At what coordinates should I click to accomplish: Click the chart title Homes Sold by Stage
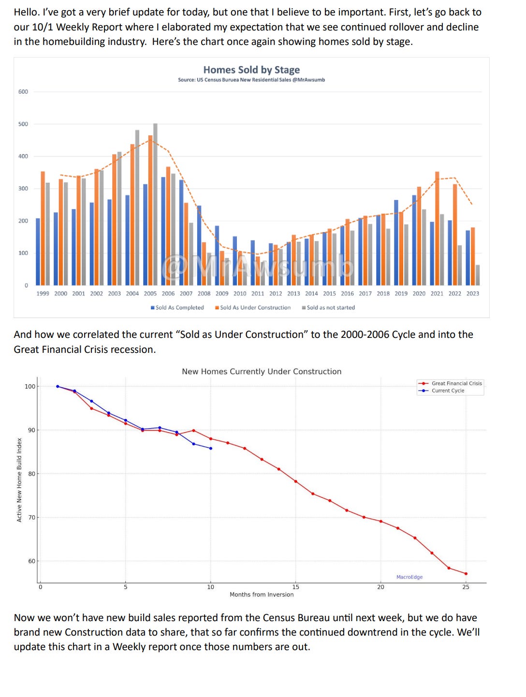[x=251, y=70]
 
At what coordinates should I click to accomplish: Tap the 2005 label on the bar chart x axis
[x=150, y=293]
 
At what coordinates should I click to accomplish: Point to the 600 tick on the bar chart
[x=23, y=92]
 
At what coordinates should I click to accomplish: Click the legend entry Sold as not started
[x=328, y=307]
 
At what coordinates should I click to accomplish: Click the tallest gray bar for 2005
[x=155, y=203]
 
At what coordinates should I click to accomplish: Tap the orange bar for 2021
[x=437, y=227]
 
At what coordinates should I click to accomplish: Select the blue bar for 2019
[x=396, y=242]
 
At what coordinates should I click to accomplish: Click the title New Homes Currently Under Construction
[x=262, y=372]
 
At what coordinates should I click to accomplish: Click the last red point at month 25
[x=466, y=574]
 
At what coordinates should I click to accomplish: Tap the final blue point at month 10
[x=211, y=449]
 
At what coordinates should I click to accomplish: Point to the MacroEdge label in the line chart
[x=409, y=577]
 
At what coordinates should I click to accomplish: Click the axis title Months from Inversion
[x=262, y=595]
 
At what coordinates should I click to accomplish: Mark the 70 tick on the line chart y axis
[x=31, y=518]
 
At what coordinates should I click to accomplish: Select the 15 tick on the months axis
[x=296, y=587]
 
